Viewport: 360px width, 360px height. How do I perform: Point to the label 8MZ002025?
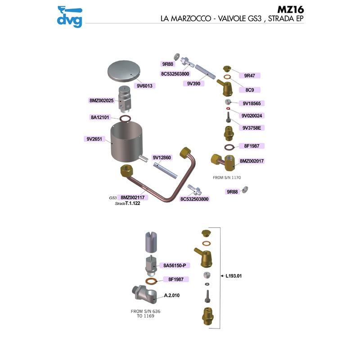[x=102, y=101]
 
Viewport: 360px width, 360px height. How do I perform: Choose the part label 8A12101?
[x=101, y=117]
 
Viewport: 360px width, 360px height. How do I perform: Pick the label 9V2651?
[x=96, y=139]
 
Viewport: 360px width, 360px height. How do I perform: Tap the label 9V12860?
[x=162, y=157]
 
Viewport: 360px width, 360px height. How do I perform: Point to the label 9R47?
[x=250, y=76]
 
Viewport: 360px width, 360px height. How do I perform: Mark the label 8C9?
[x=250, y=90]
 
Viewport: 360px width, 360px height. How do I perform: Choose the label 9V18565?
[x=252, y=103]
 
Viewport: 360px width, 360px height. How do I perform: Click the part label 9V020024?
[x=252, y=115]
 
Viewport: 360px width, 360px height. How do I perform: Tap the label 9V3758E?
[x=252, y=128]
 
